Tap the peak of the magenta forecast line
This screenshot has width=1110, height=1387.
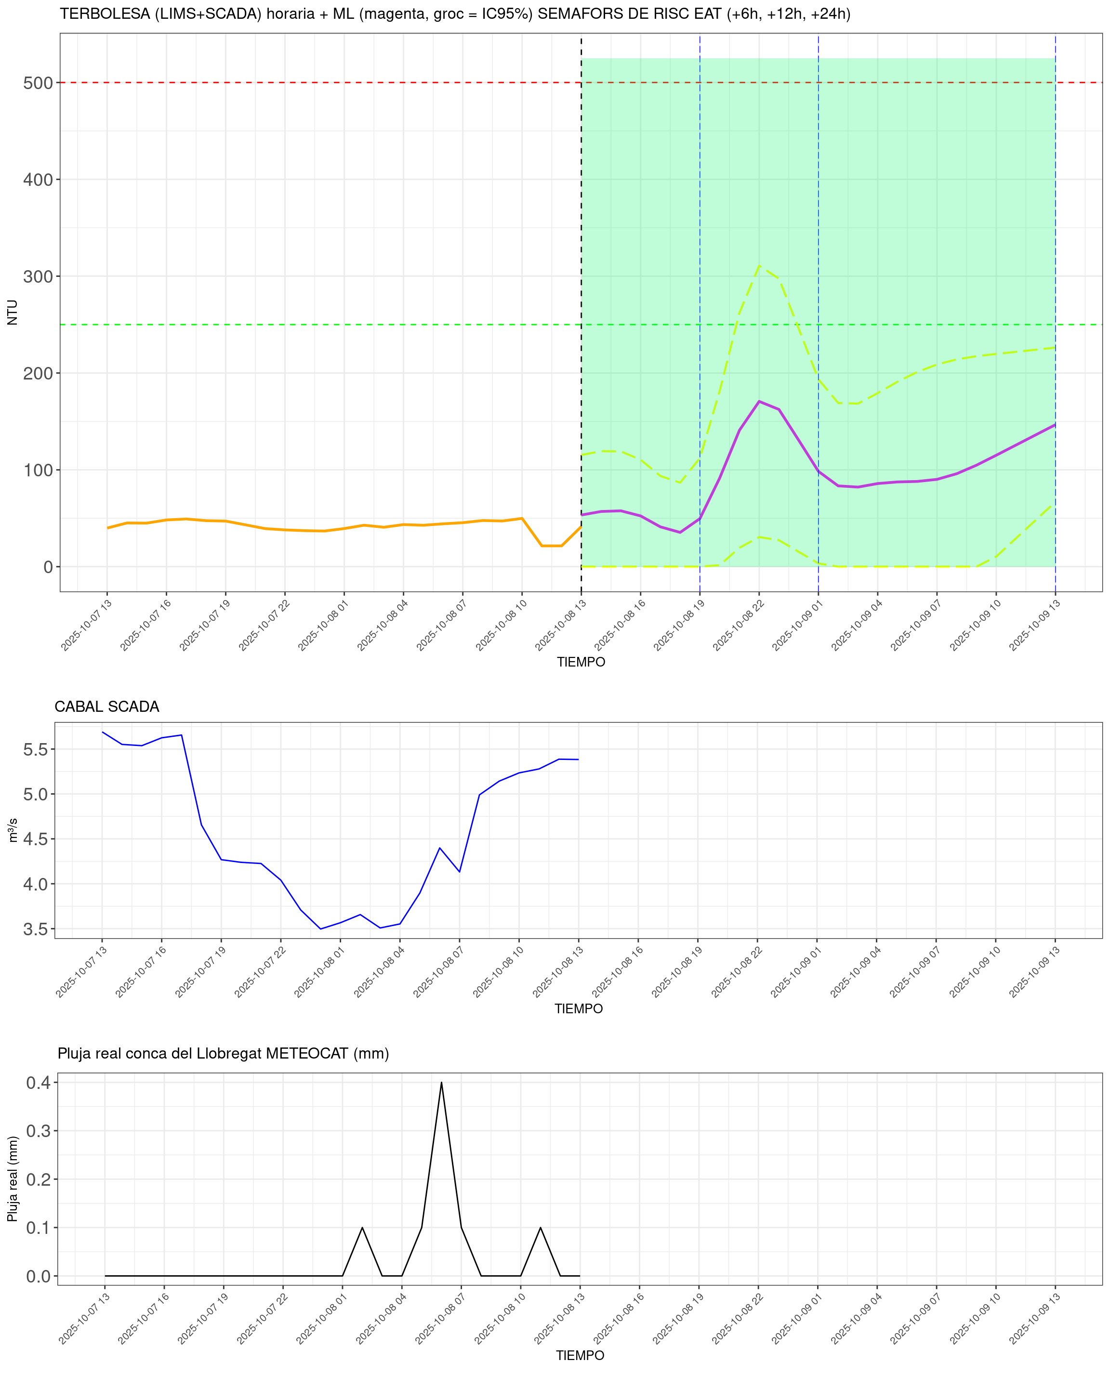pyautogui.click(x=759, y=402)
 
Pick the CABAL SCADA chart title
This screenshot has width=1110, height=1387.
pyautogui.click(x=107, y=707)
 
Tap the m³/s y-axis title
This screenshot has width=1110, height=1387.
pyautogui.click(x=12, y=831)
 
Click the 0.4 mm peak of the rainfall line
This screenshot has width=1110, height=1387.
pyautogui.click(x=441, y=1083)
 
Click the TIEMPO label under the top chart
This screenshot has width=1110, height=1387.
pyautogui.click(x=581, y=662)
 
